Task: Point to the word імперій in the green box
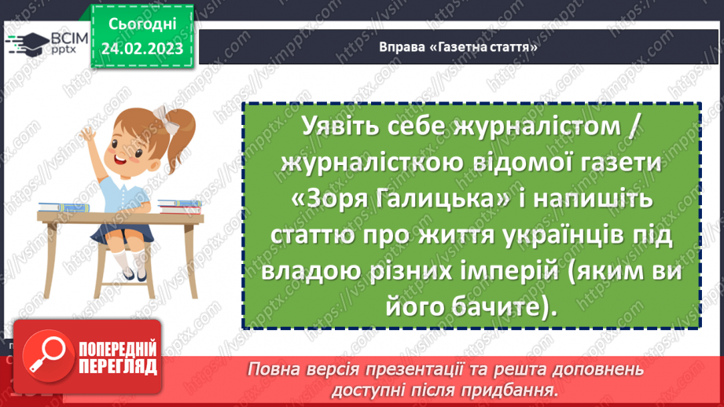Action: [494, 273]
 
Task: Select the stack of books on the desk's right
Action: [181, 207]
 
